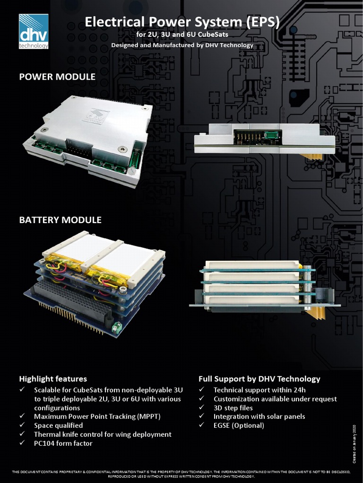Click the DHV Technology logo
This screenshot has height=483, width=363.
[x=34, y=31]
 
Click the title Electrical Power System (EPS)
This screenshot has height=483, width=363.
[x=182, y=22]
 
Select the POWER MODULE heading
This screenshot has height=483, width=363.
[x=57, y=76]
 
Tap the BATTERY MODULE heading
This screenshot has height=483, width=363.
[x=60, y=220]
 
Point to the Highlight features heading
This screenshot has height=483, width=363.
[x=53, y=379]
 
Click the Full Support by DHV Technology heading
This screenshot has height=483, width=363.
[x=259, y=379]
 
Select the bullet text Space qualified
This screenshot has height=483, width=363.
[x=58, y=425]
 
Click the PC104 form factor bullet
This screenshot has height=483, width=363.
[x=63, y=443]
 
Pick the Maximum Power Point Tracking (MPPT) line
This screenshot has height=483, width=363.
[x=96, y=416]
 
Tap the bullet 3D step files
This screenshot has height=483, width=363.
[x=233, y=408]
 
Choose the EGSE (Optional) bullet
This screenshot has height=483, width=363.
[x=239, y=425]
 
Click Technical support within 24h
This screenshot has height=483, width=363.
[x=259, y=390]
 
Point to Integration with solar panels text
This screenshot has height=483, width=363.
[x=259, y=416]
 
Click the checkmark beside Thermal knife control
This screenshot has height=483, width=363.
[x=22, y=434]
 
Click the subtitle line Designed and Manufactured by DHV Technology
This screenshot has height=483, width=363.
[x=182, y=45]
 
